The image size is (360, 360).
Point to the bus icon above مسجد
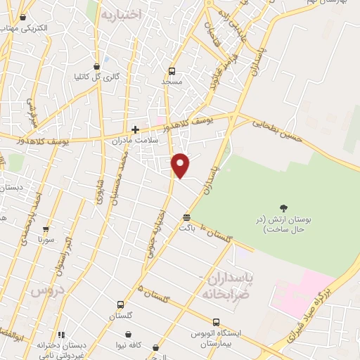coord(172,72)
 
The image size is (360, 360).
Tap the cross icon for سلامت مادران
coord(135,129)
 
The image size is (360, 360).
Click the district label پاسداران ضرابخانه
coord(226,285)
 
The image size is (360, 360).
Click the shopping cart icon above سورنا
coord(46,229)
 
